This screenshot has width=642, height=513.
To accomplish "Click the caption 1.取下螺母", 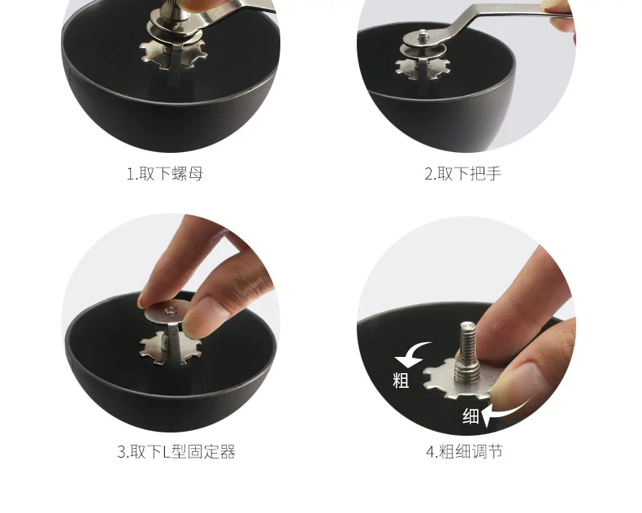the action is [x=165, y=174].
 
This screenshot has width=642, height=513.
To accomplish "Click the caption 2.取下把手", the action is [x=462, y=174].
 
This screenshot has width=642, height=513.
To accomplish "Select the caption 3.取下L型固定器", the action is [x=176, y=451].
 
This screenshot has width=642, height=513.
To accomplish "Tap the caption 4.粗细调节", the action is [x=464, y=451].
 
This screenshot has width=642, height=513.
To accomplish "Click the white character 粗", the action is [x=401, y=380].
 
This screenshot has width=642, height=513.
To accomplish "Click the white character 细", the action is [x=471, y=416].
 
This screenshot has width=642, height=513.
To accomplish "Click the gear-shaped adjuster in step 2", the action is [x=422, y=69].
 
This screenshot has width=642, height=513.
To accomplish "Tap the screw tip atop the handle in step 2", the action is [x=423, y=34].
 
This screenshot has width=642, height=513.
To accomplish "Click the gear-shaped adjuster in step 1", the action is [x=173, y=55].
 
